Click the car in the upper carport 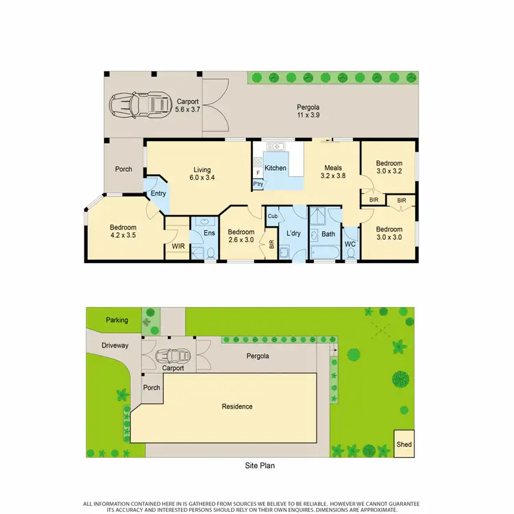tap(140, 105)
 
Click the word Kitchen tap(276, 168)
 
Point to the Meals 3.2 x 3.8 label tap(334, 171)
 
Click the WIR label tap(178, 245)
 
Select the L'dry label tap(293, 234)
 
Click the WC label tap(350, 244)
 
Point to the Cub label tap(272, 217)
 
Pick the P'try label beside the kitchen tap(258, 184)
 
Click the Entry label tap(158, 193)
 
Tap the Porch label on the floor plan tap(123, 169)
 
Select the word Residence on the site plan tap(237, 406)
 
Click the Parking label tap(117, 320)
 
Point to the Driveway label tap(114, 345)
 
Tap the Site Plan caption tap(260, 465)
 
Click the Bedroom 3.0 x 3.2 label tap(389, 167)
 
